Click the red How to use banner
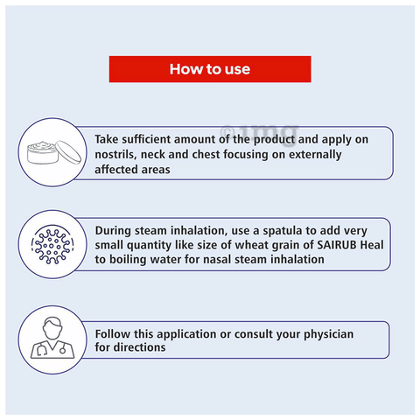coord(210,69)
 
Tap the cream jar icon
coord(54,152)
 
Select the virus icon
coord(52,244)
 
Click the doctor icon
coord(52,338)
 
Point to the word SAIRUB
coord(337,245)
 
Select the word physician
coord(329,334)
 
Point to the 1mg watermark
coord(260,133)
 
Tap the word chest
coord(206,154)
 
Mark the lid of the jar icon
coord(68,151)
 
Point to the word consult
coord(254,334)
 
